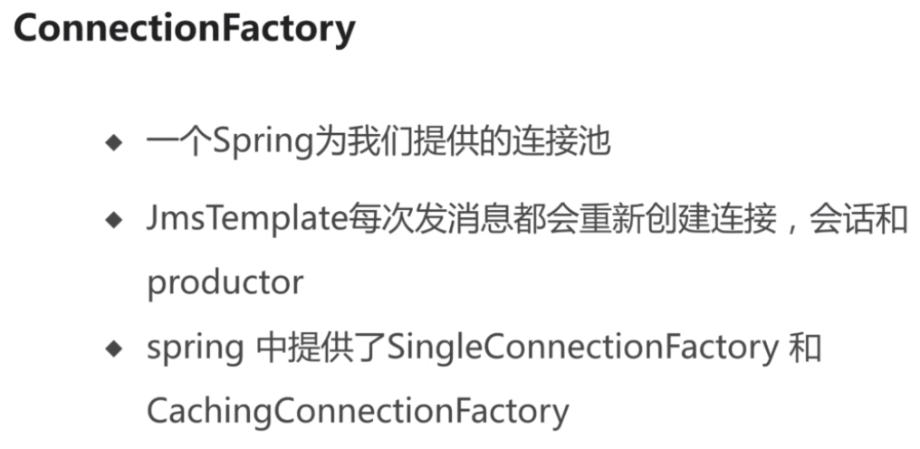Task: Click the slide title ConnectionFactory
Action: [x=184, y=29]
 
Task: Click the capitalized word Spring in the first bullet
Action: [x=263, y=143]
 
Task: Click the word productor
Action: [x=225, y=283]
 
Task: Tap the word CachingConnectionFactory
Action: [x=358, y=412]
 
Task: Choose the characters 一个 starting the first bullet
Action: [x=179, y=143]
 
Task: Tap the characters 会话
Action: [x=843, y=221]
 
